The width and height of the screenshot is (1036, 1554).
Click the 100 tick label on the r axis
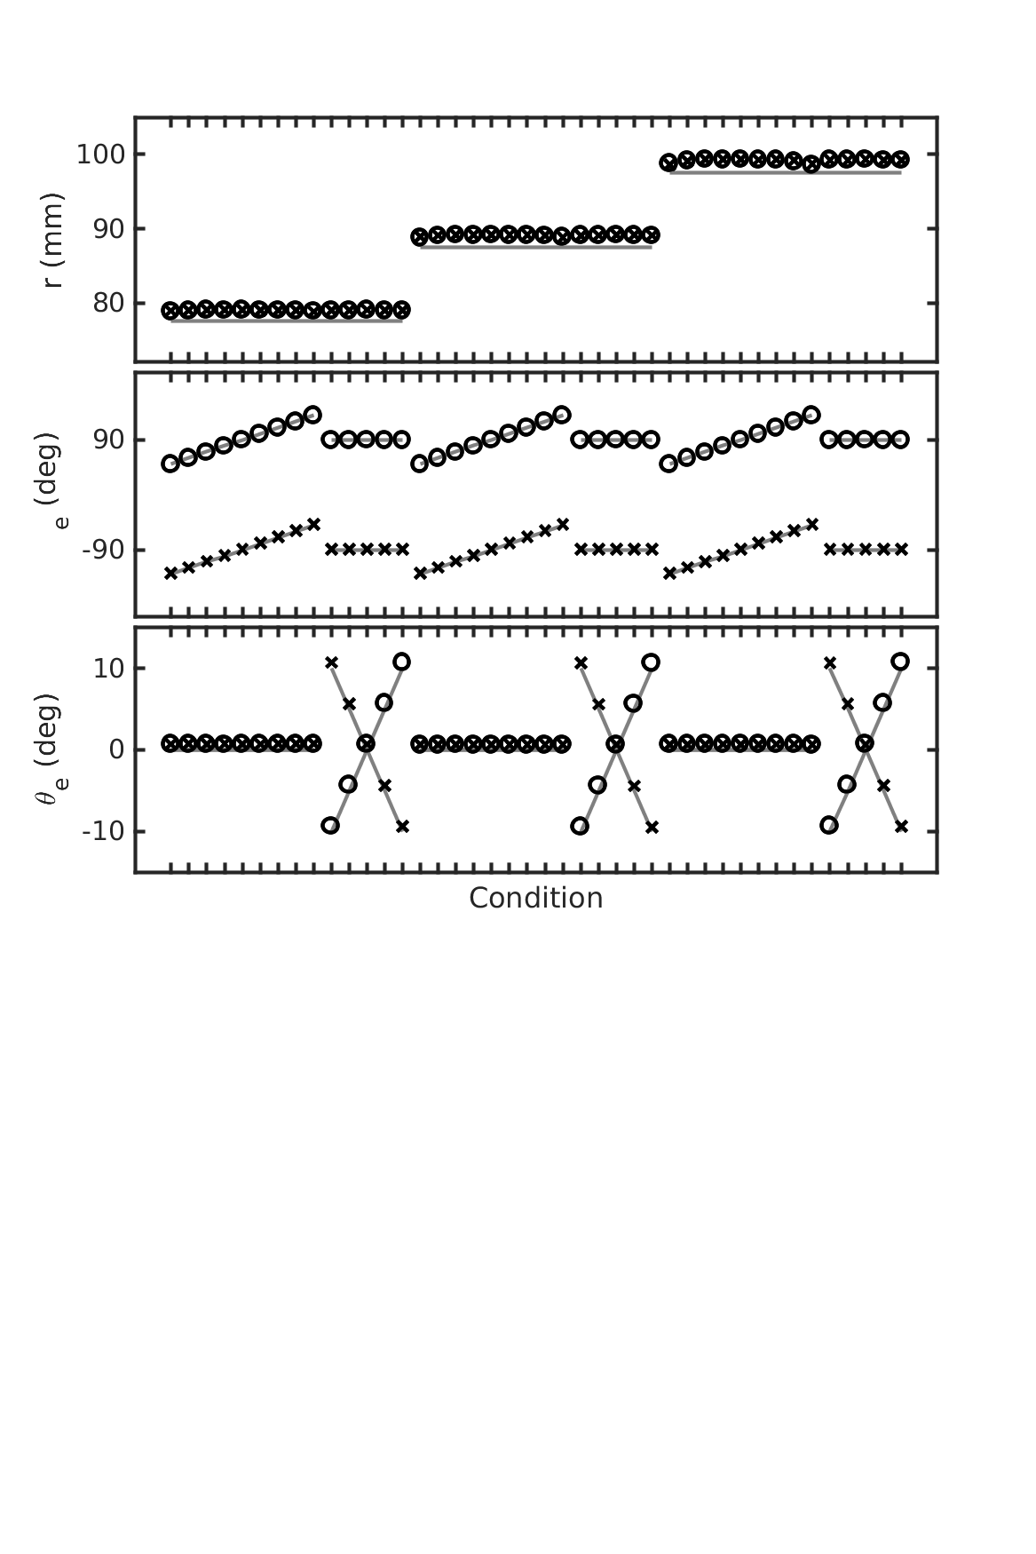99,155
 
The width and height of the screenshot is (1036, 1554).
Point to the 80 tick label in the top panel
108,304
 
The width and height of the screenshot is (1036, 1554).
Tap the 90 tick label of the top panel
108,229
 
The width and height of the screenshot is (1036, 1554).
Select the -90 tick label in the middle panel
104,551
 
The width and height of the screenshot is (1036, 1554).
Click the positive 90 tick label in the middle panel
108,440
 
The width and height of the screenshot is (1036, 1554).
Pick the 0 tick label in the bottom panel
115,750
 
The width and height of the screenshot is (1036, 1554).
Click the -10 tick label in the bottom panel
104,832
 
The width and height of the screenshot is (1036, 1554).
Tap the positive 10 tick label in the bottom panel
108,669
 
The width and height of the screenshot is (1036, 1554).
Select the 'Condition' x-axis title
535,899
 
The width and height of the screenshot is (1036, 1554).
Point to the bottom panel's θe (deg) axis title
49,750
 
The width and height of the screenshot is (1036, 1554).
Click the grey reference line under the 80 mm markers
286,321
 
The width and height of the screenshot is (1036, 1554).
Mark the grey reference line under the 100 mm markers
785,173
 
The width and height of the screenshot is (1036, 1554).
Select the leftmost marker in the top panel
170,310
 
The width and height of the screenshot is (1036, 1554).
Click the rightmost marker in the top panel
900,160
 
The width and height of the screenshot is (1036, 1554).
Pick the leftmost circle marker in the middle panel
170,464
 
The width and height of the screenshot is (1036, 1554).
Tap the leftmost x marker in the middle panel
170,574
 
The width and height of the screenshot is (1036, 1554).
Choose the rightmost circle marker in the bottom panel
900,662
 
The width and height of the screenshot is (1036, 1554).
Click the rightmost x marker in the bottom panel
901,827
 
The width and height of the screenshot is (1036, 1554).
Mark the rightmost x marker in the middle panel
901,550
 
